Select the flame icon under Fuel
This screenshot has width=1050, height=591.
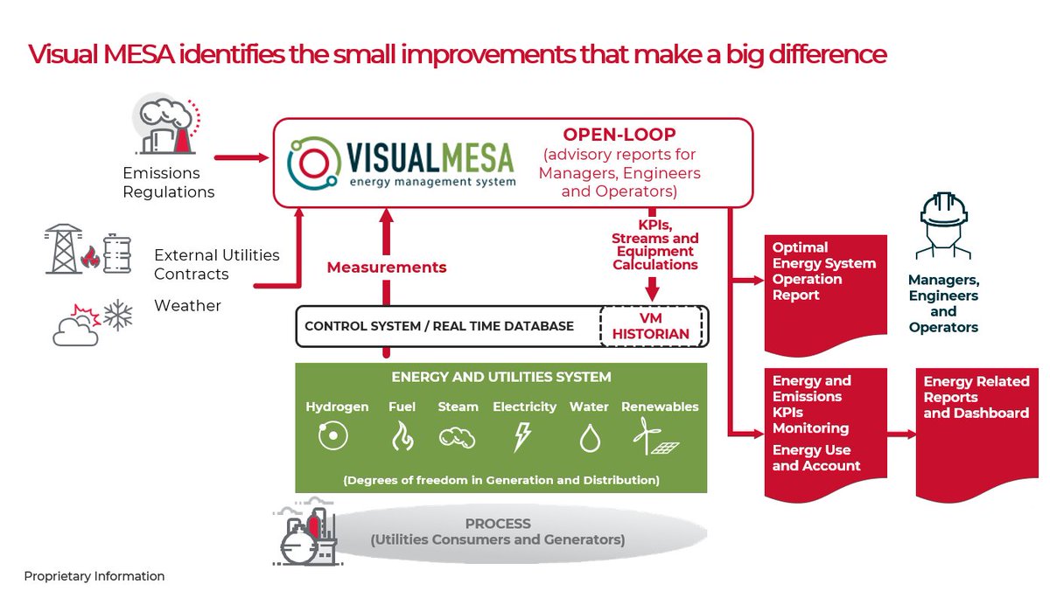coord(402,435)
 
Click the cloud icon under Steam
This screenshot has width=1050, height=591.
coord(457,437)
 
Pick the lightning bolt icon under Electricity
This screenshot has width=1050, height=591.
coord(522,436)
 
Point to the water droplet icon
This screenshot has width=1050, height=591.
coord(589,437)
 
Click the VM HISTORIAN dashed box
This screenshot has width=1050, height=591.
coord(651,326)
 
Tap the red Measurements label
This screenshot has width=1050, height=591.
coord(387,268)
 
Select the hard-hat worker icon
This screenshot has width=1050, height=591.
coord(942,226)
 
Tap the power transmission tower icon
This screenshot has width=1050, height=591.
coord(62,249)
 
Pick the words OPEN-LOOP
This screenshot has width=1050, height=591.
coord(619,135)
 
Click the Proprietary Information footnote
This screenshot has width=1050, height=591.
coord(94,576)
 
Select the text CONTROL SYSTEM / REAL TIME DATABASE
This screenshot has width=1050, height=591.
coord(439,326)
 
